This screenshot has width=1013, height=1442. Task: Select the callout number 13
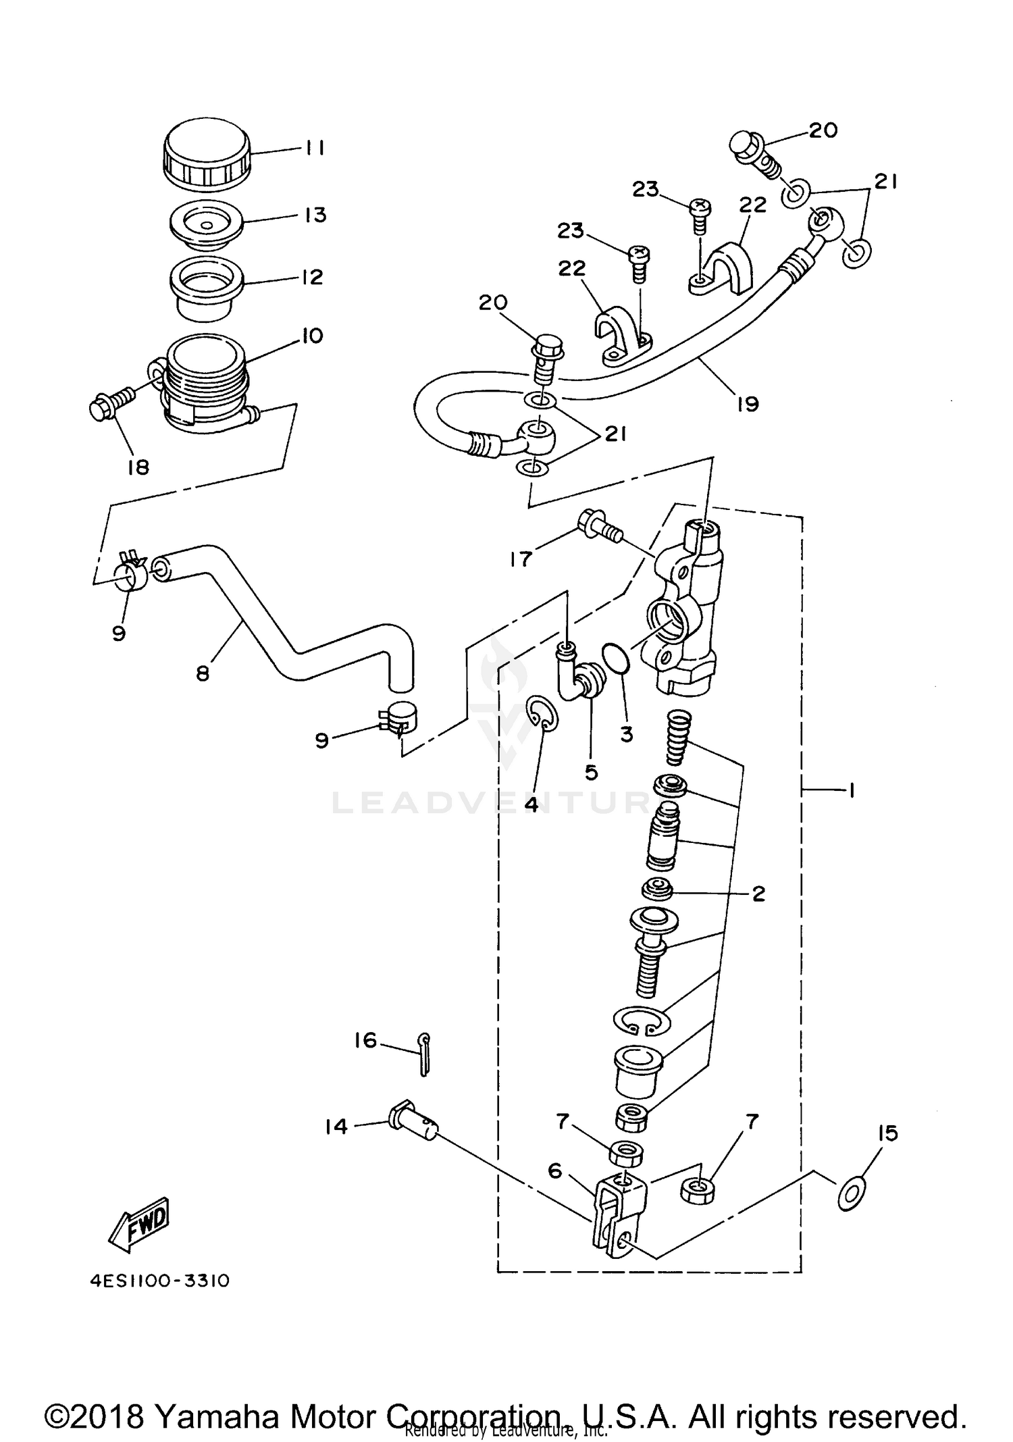pyautogui.click(x=315, y=215)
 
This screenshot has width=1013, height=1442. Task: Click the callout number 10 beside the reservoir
pyautogui.click(x=312, y=336)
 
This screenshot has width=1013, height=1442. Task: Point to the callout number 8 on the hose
pyautogui.click(x=203, y=673)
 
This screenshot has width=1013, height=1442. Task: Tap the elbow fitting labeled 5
pyautogui.click(x=581, y=677)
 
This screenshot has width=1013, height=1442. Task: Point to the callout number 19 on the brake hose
pyautogui.click(x=748, y=404)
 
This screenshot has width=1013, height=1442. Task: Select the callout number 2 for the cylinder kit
pyautogui.click(x=758, y=894)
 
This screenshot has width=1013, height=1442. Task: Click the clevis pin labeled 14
pyautogui.click(x=412, y=1124)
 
